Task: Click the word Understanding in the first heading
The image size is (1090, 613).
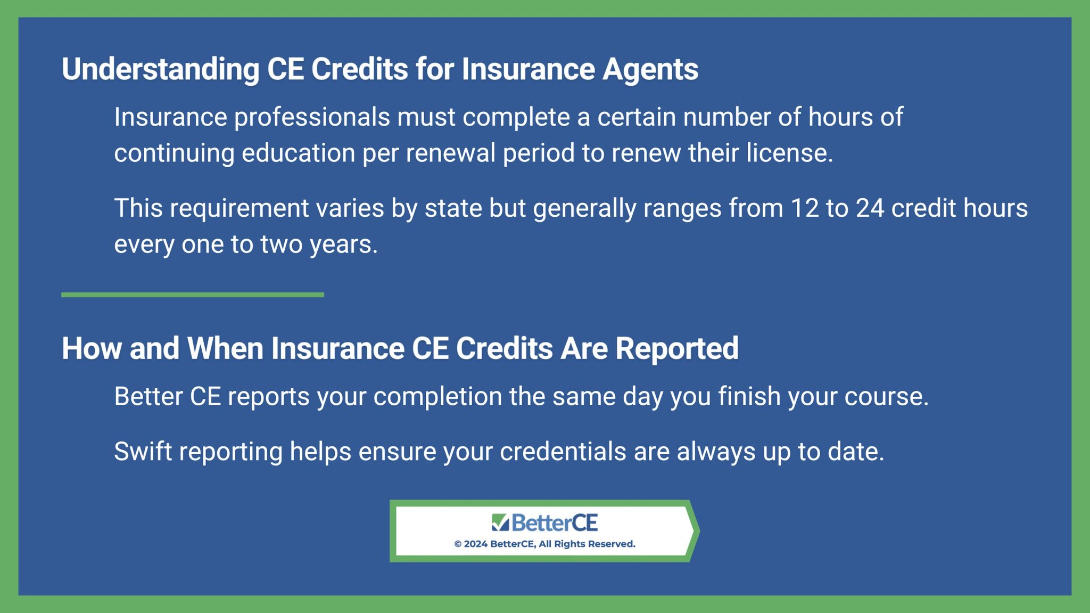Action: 160,70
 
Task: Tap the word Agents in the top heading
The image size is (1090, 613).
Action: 650,70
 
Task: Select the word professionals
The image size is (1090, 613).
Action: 312,117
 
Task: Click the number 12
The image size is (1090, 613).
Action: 805,208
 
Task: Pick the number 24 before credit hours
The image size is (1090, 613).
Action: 870,208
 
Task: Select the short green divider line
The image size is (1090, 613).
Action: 192,295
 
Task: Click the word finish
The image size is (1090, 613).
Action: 749,397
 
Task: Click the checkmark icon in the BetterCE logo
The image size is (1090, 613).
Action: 500,522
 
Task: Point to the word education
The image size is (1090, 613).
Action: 298,153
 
